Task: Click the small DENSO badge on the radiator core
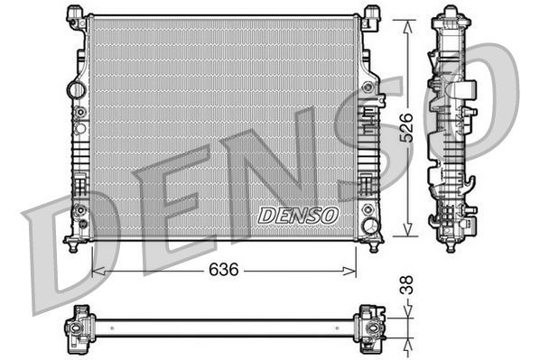(298, 215)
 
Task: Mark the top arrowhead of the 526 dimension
(408, 19)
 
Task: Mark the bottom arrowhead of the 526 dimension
(408, 232)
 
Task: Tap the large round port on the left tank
(78, 90)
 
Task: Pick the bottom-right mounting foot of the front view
(371, 241)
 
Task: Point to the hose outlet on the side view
(468, 90)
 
